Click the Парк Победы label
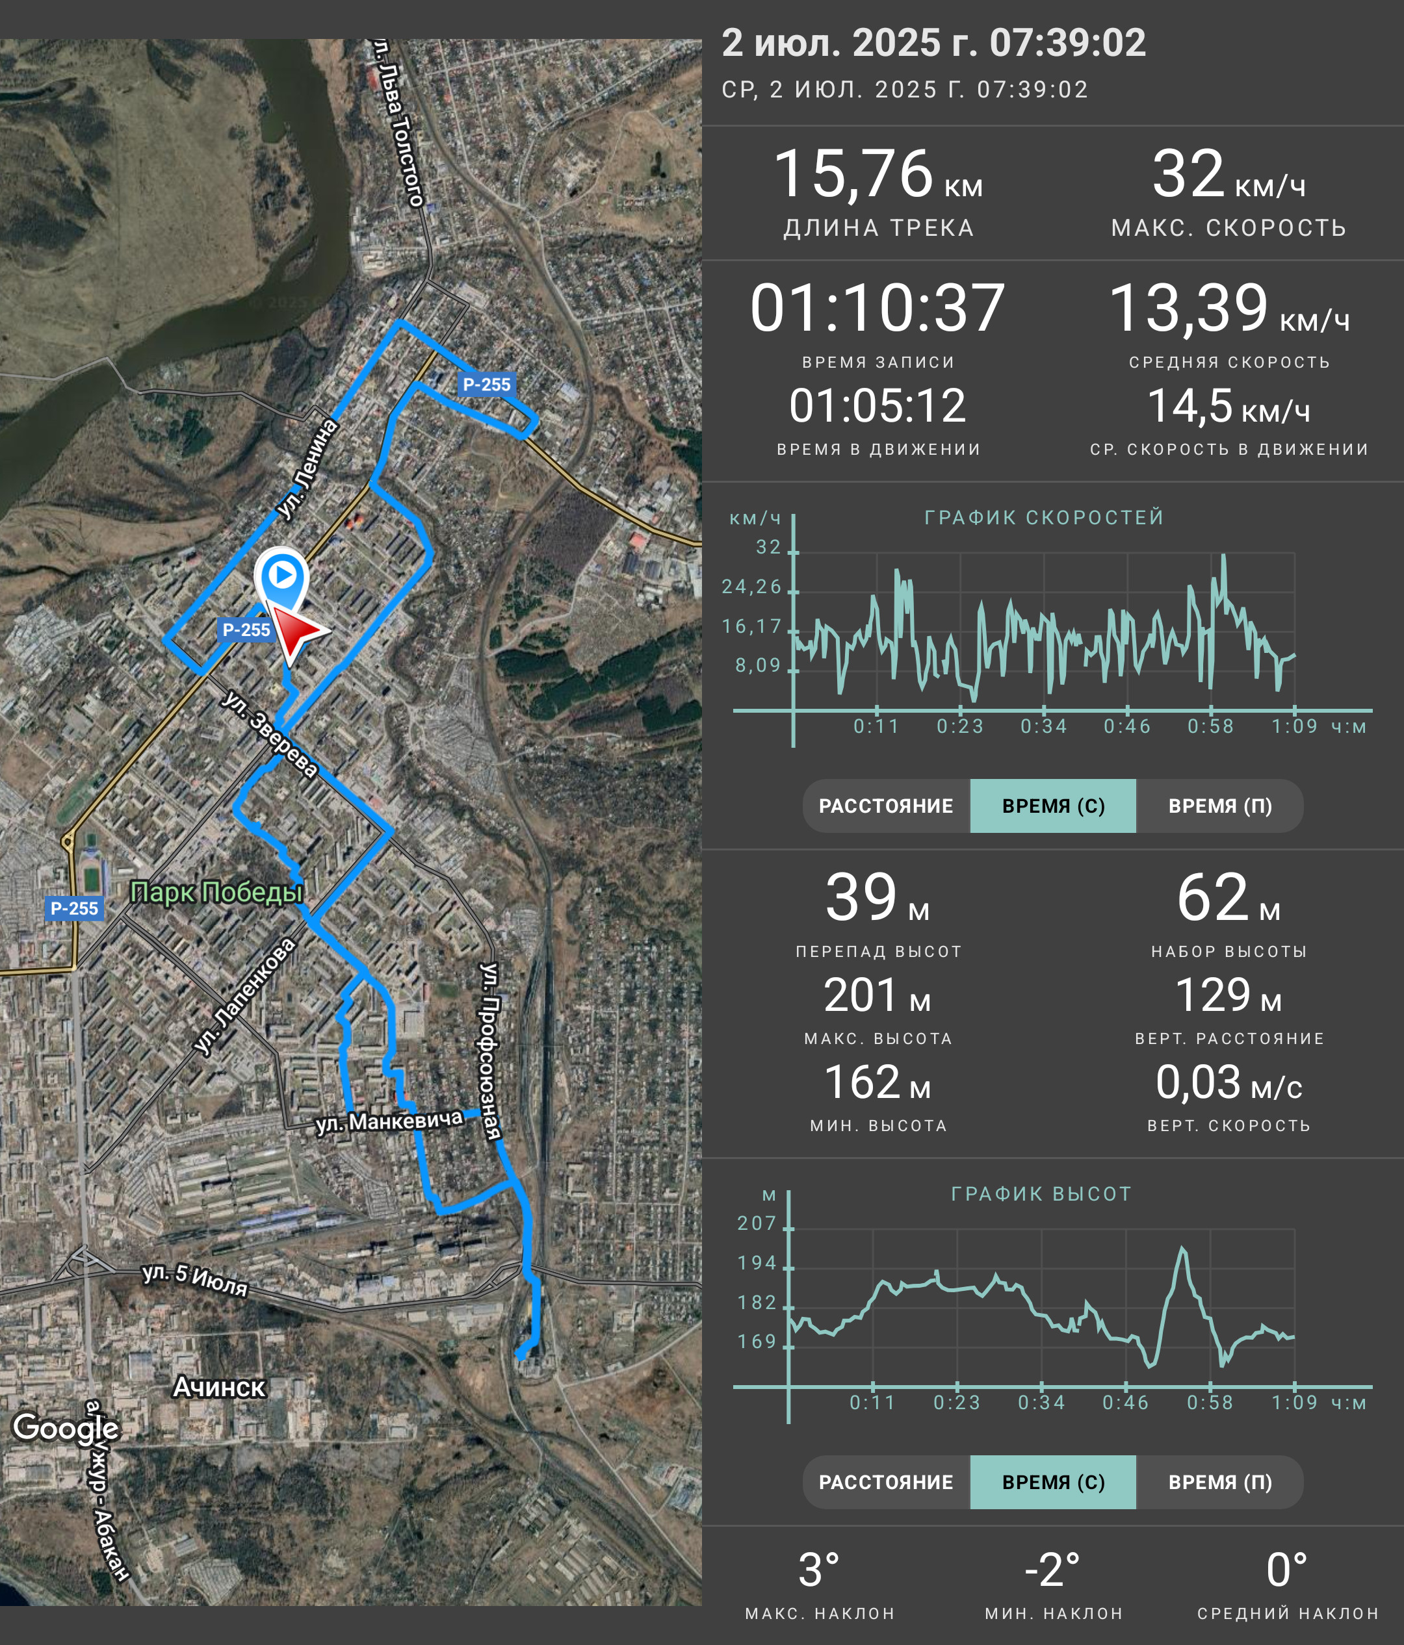click(x=217, y=893)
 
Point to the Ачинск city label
click(x=219, y=1386)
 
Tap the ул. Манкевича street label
click(x=389, y=1121)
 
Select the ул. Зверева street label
click(x=270, y=734)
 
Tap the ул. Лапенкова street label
click(x=244, y=997)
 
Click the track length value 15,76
click(x=853, y=174)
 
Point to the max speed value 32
click(x=1189, y=174)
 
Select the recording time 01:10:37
click(x=877, y=308)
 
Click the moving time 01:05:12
click(x=877, y=405)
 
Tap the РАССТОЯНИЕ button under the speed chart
click(x=886, y=806)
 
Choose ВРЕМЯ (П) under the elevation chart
click(x=1220, y=1482)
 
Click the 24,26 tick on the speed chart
click(x=751, y=587)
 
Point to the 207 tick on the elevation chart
click(x=757, y=1223)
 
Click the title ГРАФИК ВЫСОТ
click(x=1041, y=1194)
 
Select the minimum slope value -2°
click(x=1053, y=1570)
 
